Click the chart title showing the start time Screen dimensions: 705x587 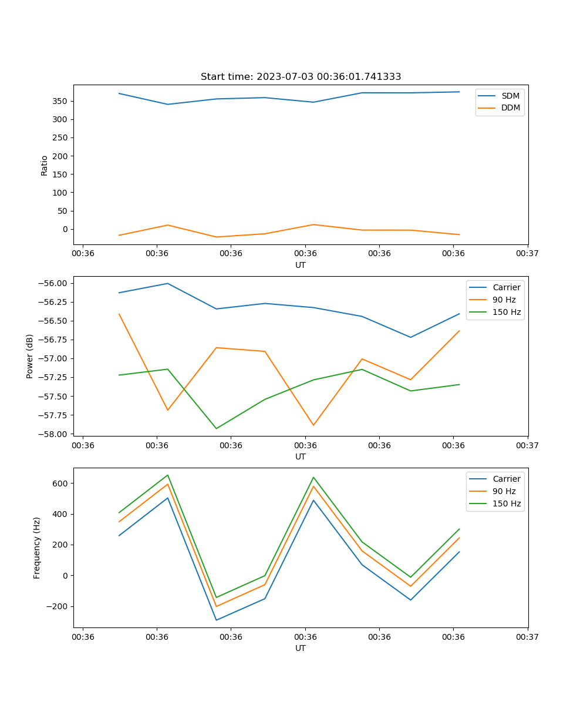click(x=301, y=76)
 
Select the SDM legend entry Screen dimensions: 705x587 click(x=510, y=96)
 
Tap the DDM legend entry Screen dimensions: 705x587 click(x=510, y=108)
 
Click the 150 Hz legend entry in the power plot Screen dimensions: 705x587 click(x=506, y=312)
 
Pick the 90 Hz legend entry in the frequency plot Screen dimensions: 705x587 click(x=504, y=491)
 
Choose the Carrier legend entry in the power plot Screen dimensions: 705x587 click(x=506, y=287)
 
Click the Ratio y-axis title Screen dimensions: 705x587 click(x=45, y=165)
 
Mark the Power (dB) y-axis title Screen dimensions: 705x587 click(x=30, y=356)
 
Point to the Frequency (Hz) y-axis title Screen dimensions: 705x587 click(x=37, y=548)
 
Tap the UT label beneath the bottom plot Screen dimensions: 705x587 click(x=301, y=648)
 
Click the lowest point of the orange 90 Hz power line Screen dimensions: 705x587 click(x=313, y=425)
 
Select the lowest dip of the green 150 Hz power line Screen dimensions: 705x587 click(x=216, y=428)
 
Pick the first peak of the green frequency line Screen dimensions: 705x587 click(x=168, y=475)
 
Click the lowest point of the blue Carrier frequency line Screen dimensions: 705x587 click(x=216, y=620)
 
